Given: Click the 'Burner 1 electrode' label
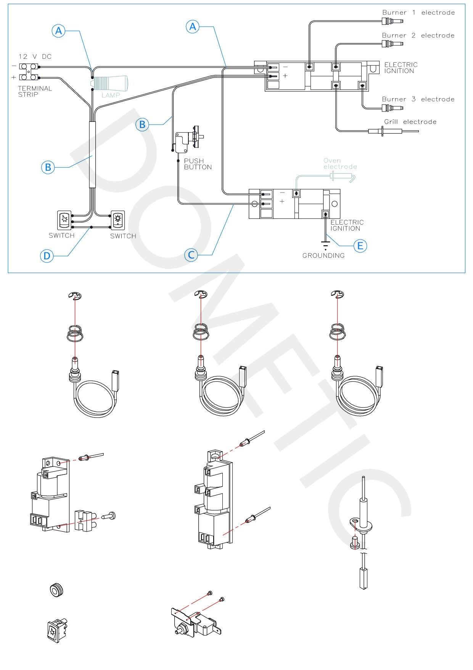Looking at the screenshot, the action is click(418, 13).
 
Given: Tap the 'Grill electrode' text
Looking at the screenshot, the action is click(410, 122).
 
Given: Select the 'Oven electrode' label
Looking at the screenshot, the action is click(340, 163).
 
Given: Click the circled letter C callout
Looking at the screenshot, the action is click(191, 255).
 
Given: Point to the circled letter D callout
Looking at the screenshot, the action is click(47, 256).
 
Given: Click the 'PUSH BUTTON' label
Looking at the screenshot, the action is click(198, 164).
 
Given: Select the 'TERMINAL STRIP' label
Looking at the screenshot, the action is click(35, 91).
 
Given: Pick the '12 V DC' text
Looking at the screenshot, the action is click(35, 57).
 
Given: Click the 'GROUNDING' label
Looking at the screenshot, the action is click(323, 256).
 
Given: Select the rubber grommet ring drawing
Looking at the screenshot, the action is click(56, 590).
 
